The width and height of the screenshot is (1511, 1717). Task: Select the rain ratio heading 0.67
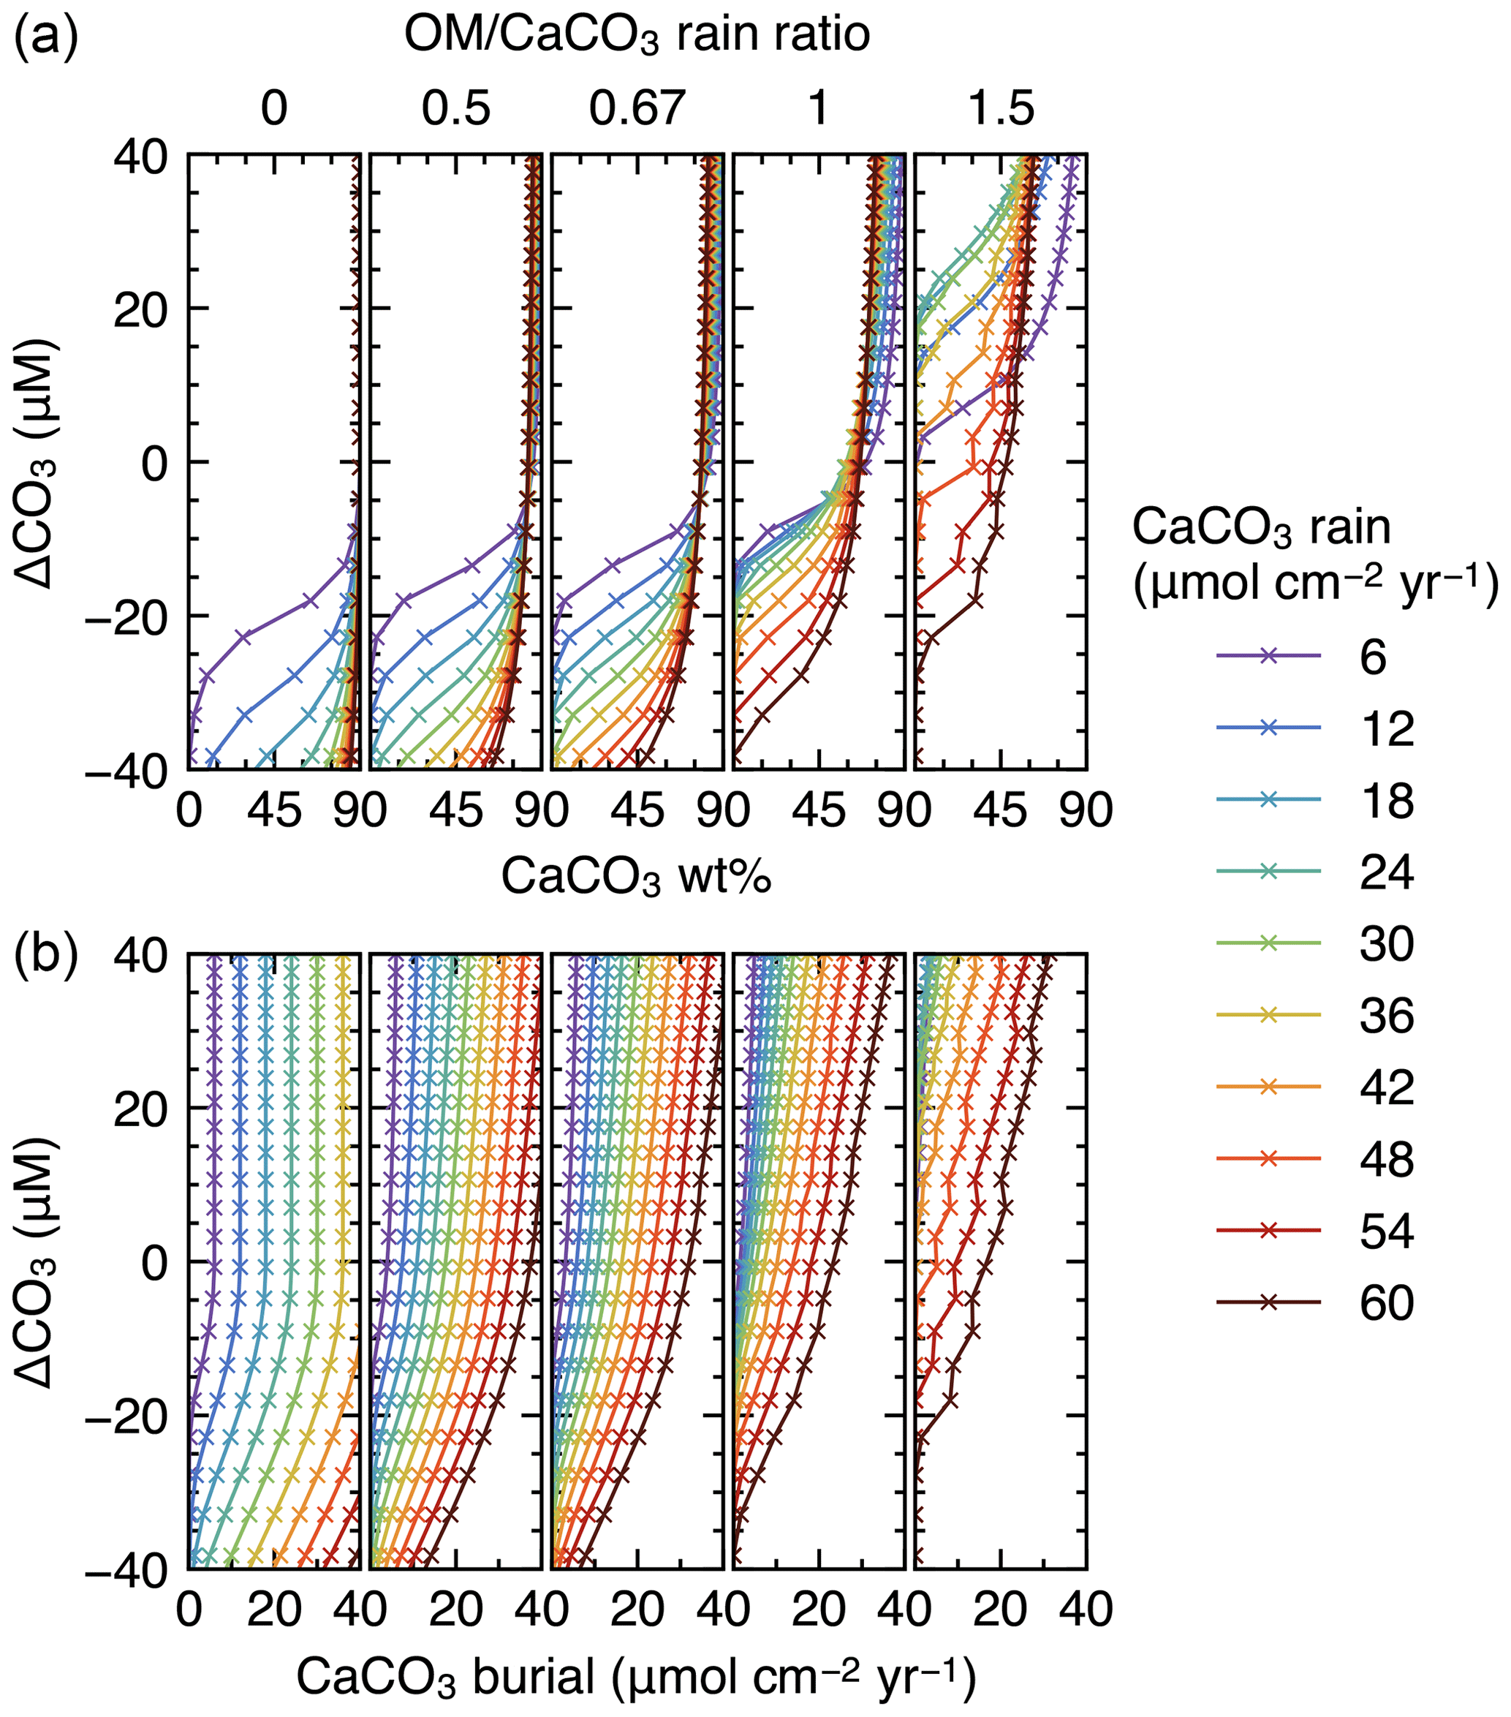click(636, 109)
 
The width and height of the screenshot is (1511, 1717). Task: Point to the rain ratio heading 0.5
click(455, 109)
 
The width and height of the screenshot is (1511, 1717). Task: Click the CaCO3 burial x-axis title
click(636, 1678)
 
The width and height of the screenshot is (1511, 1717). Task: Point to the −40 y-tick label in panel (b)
click(128, 1568)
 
